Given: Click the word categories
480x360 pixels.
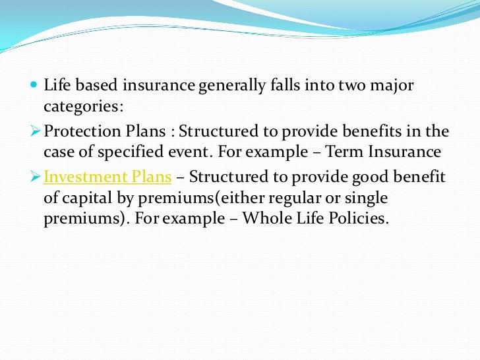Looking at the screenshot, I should (82, 106).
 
